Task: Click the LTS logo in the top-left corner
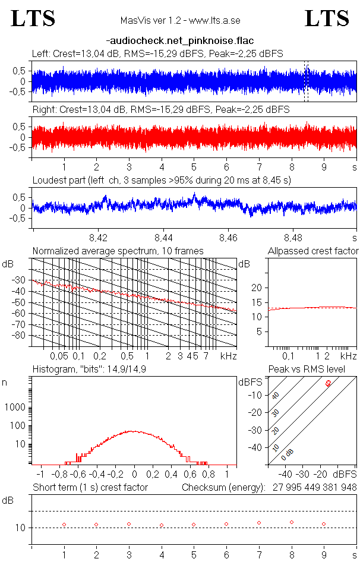coord(33,18)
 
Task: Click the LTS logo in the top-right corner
coord(327,18)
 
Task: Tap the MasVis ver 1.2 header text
coord(179,20)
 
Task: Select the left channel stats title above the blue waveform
coord(157,53)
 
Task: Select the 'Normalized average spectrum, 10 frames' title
coord(118,251)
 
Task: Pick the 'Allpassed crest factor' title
coord(313,251)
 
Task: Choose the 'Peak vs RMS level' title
coord(315,370)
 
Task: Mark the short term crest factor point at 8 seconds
coord(292,522)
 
